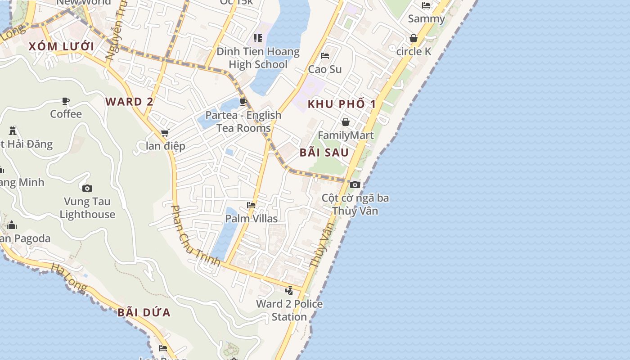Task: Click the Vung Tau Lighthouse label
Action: [87, 208]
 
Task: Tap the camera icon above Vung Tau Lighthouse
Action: [87, 188]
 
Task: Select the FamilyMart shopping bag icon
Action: [346, 122]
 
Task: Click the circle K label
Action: [414, 51]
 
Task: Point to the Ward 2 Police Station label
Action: [289, 310]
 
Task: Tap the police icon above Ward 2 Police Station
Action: [289, 290]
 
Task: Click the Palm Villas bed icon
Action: [251, 205]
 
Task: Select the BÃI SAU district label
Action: [324, 152]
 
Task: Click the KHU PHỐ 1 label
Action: [342, 104]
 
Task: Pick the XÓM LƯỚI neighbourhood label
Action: [61, 46]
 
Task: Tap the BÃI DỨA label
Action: [144, 312]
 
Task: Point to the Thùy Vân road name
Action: [323, 245]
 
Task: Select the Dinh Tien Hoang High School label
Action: [258, 58]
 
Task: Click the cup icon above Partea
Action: [243, 102]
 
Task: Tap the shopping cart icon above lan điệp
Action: [165, 133]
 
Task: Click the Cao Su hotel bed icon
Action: [325, 56]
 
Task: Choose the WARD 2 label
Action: [129, 102]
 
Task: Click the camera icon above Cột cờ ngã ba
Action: [355, 184]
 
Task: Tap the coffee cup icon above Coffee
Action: [66, 101]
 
